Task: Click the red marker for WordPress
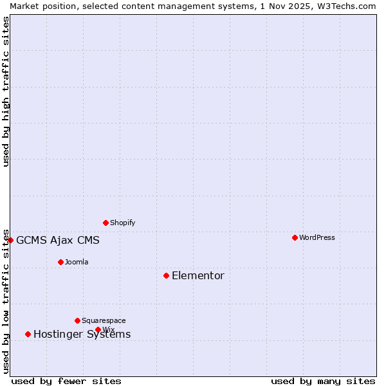(x=295, y=237)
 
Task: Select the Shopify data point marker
(x=106, y=223)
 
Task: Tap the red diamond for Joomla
(x=60, y=262)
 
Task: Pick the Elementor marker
(x=166, y=275)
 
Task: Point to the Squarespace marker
(x=77, y=320)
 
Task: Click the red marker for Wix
(x=98, y=329)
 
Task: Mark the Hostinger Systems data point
(x=28, y=334)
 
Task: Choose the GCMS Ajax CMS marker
(x=10, y=240)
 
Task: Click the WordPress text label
(x=317, y=237)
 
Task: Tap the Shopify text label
(x=123, y=223)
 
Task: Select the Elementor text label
(x=198, y=276)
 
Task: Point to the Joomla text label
(x=77, y=262)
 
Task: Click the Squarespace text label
(x=104, y=320)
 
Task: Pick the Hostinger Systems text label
(x=82, y=335)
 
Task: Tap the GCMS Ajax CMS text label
(x=58, y=241)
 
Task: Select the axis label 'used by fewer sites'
(x=66, y=381)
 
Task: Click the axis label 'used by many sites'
(x=323, y=381)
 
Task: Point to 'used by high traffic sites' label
(x=6, y=91)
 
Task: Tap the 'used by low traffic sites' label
(x=6, y=300)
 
